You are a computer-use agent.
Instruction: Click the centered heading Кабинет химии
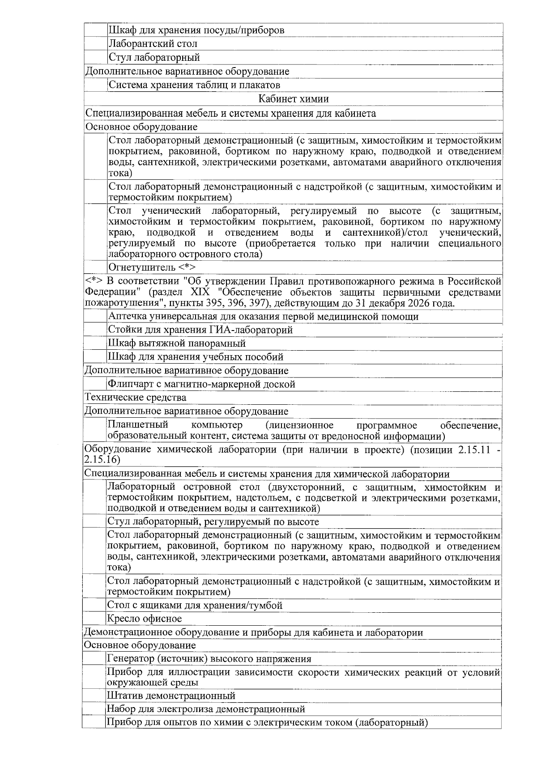click(x=294, y=99)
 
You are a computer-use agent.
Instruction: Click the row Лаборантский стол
click(x=153, y=44)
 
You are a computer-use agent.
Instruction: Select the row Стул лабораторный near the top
click(x=154, y=58)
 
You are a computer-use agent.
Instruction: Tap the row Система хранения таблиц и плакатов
click(x=195, y=85)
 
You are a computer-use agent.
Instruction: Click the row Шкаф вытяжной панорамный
click(x=177, y=343)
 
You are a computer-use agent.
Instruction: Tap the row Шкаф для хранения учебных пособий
click(x=196, y=357)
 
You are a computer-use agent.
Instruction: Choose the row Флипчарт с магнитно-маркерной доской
click(x=201, y=384)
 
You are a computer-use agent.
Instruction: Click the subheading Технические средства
click(x=136, y=398)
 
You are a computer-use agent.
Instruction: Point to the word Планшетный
click(x=138, y=425)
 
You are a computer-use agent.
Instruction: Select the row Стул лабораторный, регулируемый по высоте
click(x=213, y=522)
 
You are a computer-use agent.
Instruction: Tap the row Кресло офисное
click(x=145, y=619)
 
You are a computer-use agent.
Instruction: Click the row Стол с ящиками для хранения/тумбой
click(x=195, y=606)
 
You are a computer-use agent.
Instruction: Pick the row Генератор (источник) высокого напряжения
click(x=209, y=659)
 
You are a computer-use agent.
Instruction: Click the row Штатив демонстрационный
click(x=171, y=696)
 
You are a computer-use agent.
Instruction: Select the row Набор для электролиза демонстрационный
click(x=206, y=709)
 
